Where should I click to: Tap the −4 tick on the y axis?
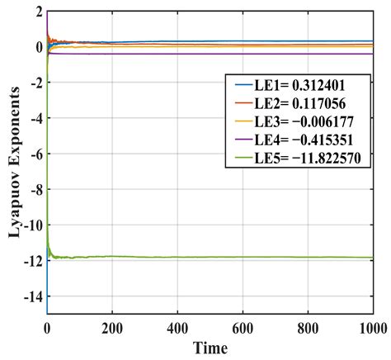point(33,119)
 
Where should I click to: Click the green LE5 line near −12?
point(206,257)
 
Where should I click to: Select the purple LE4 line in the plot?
point(206,54)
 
